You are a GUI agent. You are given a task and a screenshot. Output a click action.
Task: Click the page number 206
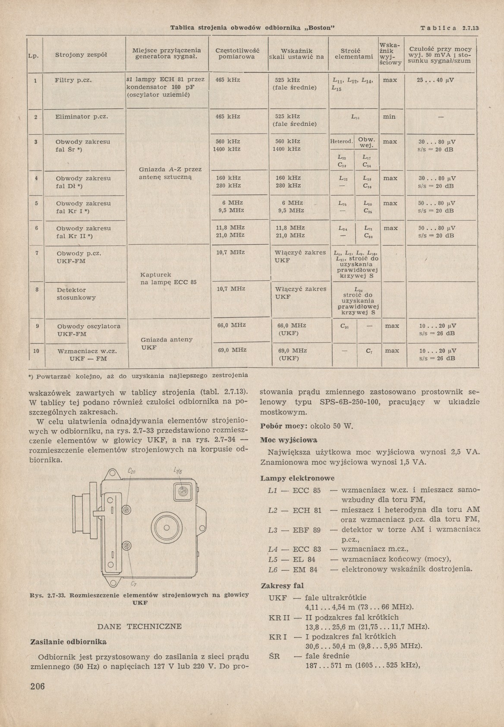tap(38, 687)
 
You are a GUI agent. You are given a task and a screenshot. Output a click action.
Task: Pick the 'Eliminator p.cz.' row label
tap(81, 117)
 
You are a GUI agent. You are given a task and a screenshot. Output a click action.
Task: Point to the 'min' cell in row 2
tap(389, 117)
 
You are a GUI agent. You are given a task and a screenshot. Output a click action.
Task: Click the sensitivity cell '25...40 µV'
tap(437, 80)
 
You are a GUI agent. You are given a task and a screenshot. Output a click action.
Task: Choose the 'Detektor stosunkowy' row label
tap(76, 294)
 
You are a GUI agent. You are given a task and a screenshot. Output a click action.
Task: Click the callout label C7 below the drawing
tap(133, 585)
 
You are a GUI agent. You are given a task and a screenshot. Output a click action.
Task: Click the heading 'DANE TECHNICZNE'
tap(140, 626)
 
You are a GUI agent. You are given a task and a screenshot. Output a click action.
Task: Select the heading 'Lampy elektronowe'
tap(297, 478)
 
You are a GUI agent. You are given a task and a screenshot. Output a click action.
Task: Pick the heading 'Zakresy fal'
tap(282, 586)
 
